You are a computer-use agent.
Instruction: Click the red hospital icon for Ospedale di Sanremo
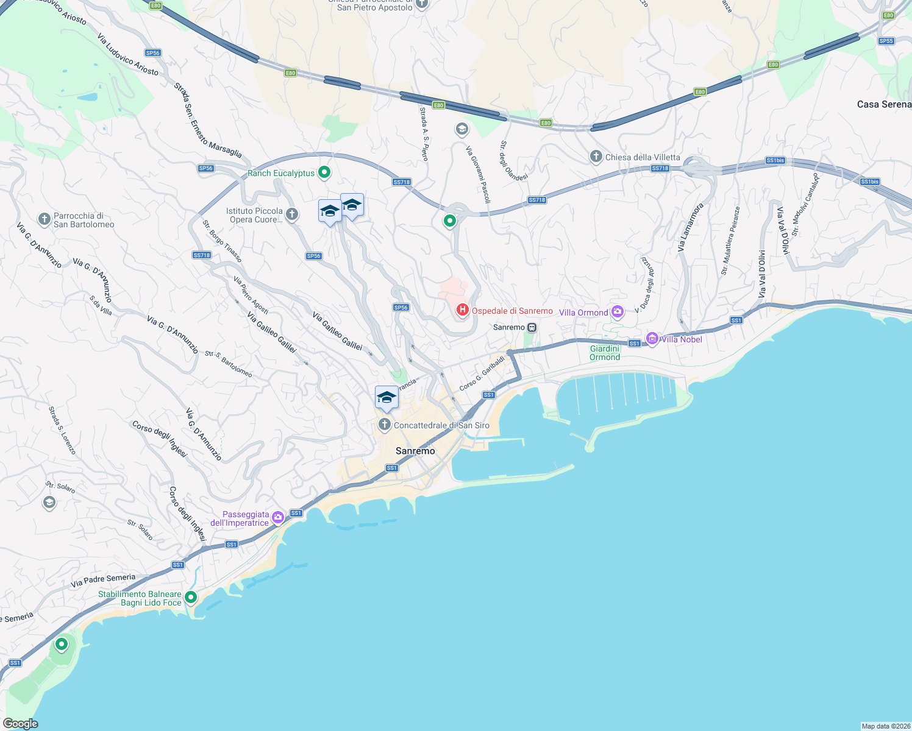click(x=462, y=311)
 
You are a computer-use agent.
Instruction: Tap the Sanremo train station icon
click(x=532, y=328)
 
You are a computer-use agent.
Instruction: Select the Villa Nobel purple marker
click(x=652, y=339)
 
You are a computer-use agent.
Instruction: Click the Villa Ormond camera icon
click(x=618, y=312)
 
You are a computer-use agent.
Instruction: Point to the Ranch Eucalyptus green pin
click(x=324, y=173)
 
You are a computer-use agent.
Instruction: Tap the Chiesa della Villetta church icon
click(x=596, y=157)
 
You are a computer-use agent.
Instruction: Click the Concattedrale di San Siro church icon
click(x=385, y=425)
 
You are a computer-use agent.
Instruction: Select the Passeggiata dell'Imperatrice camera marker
click(x=278, y=518)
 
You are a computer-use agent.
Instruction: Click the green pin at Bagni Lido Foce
click(x=191, y=598)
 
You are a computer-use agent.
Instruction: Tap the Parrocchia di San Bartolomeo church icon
click(x=44, y=219)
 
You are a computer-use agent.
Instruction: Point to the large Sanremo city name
click(x=415, y=451)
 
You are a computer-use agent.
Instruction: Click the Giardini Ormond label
click(x=605, y=353)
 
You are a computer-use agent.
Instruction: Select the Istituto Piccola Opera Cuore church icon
click(x=292, y=214)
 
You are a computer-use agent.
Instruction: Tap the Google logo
click(x=21, y=724)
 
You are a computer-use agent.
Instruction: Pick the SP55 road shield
click(x=886, y=41)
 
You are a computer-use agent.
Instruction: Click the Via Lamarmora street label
click(x=690, y=227)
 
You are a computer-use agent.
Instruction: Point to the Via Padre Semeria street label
click(x=103, y=581)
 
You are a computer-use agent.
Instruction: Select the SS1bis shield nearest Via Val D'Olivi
click(x=775, y=160)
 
